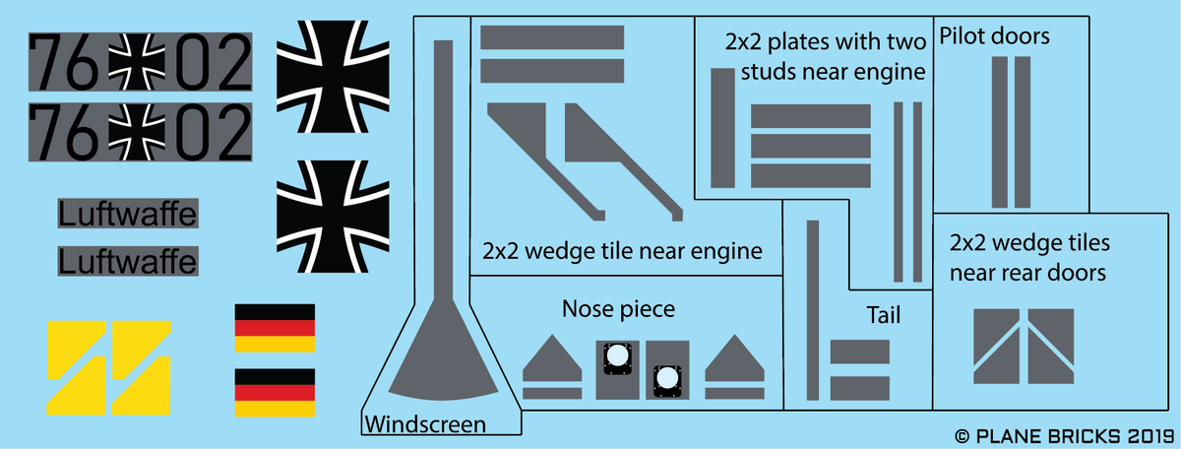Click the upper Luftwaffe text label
click(x=128, y=213)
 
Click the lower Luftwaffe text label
click(x=128, y=261)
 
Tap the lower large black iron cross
click(x=332, y=215)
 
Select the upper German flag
click(x=275, y=328)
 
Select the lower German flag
click(x=275, y=392)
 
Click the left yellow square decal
click(x=75, y=366)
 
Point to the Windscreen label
click(x=425, y=424)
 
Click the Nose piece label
click(x=618, y=309)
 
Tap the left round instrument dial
click(x=617, y=355)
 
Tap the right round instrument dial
click(x=666, y=378)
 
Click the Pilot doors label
click(x=995, y=37)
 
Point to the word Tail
click(x=883, y=315)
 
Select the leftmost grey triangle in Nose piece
click(x=552, y=358)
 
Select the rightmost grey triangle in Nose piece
click(x=734, y=358)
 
